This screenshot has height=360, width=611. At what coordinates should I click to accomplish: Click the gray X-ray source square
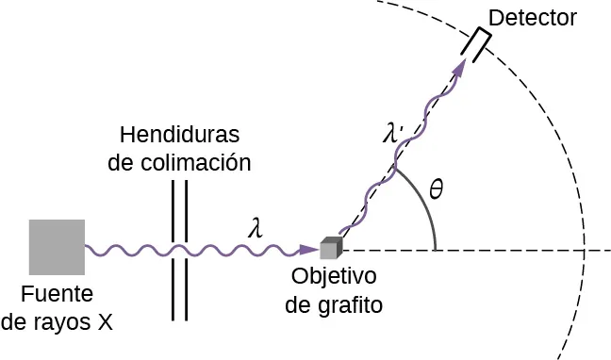coord(57,248)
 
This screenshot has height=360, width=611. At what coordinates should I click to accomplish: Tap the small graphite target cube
coord(329,249)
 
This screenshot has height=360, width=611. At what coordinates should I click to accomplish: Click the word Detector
coord(533,18)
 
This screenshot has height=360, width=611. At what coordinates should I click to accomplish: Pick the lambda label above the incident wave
coord(254,228)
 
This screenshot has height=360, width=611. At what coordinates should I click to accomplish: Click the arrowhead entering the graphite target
coord(307,250)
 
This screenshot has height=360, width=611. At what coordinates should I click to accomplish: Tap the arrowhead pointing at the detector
coord(460,69)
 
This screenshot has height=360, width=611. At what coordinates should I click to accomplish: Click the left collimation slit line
coord(173,250)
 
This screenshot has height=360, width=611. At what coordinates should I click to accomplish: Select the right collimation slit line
coord(186,250)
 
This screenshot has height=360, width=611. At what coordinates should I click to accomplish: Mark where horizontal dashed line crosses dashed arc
coord(585,250)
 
